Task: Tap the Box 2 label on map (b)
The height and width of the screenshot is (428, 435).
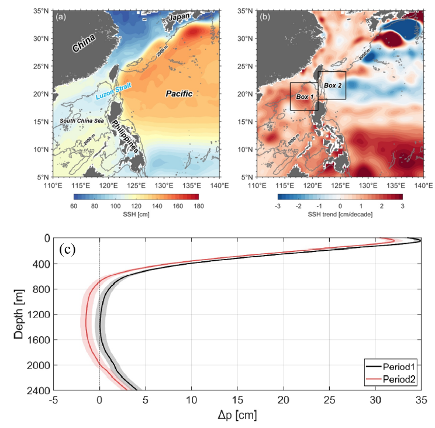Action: point(333,85)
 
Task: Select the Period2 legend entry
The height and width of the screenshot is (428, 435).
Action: point(404,379)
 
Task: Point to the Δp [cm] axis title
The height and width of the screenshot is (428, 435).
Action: point(236,416)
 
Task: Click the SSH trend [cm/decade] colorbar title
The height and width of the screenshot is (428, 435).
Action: point(340,213)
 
